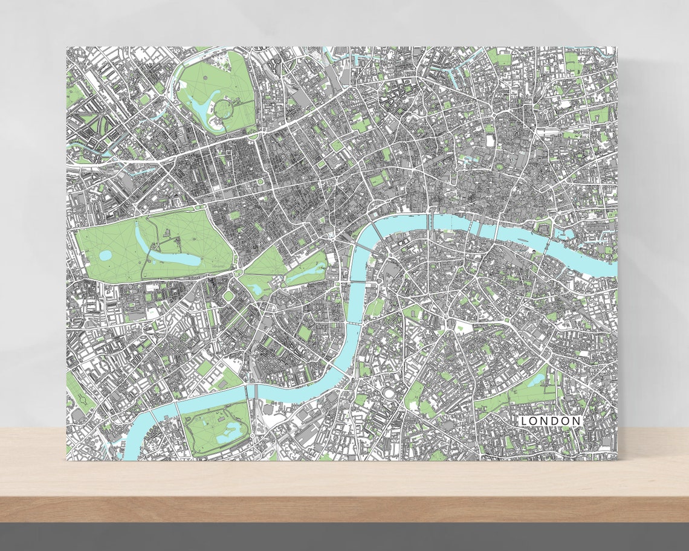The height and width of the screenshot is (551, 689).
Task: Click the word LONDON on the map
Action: click(551, 420)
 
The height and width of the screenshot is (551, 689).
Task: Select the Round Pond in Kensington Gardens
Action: click(105, 255)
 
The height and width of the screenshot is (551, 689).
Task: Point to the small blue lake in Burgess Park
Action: click(536, 381)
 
